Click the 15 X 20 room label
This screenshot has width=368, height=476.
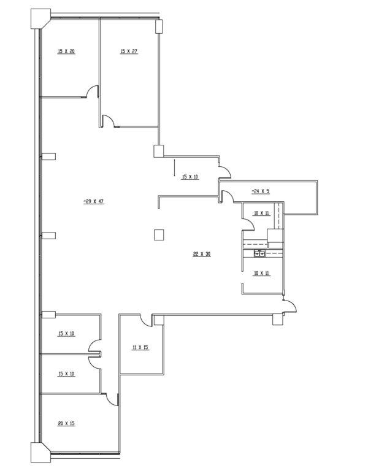(x=66, y=52)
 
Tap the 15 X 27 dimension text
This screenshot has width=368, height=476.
(x=129, y=52)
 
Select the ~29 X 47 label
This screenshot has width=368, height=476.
(x=94, y=201)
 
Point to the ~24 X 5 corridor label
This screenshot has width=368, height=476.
(x=261, y=191)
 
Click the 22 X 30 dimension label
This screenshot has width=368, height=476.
(x=202, y=254)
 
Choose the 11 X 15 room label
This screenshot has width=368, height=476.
(x=140, y=347)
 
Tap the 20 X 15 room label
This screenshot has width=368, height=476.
(x=66, y=423)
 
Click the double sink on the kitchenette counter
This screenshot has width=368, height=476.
(x=259, y=253)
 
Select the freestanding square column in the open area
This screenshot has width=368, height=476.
(x=159, y=235)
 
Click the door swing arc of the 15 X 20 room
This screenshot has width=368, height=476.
(x=92, y=91)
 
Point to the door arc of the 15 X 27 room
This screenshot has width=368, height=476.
(x=108, y=120)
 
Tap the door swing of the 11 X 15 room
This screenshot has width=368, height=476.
(x=146, y=320)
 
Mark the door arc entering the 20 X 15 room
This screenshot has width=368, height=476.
(x=112, y=399)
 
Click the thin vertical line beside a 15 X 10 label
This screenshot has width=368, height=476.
(x=174, y=167)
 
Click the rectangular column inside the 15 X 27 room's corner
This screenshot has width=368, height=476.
(x=159, y=26)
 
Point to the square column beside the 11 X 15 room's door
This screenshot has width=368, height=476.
(x=159, y=320)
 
